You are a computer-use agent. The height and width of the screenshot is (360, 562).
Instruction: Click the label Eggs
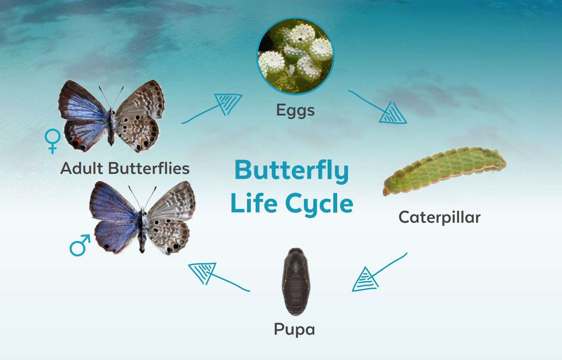click(x=295, y=111)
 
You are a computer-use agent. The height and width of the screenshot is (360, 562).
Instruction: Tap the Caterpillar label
click(x=440, y=217)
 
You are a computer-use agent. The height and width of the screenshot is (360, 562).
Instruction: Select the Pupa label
click(x=295, y=329)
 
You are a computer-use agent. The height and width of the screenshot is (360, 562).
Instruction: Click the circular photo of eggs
click(x=295, y=56)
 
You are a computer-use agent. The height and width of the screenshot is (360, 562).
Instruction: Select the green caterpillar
click(x=444, y=171)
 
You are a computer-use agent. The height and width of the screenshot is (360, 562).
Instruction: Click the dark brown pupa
click(x=296, y=282)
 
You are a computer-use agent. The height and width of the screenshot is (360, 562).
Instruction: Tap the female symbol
click(x=52, y=141)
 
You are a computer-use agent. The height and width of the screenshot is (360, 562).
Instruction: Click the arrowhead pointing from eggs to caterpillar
click(x=393, y=114)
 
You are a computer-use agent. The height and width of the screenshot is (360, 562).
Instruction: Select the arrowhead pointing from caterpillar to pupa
click(x=365, y=280)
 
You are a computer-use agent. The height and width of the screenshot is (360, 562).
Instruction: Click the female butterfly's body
click(x=111, y=127)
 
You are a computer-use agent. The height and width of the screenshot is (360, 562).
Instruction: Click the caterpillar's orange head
click(x=386, y=192)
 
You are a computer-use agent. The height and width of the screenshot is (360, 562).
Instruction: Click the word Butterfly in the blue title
click(x=292, y=171)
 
